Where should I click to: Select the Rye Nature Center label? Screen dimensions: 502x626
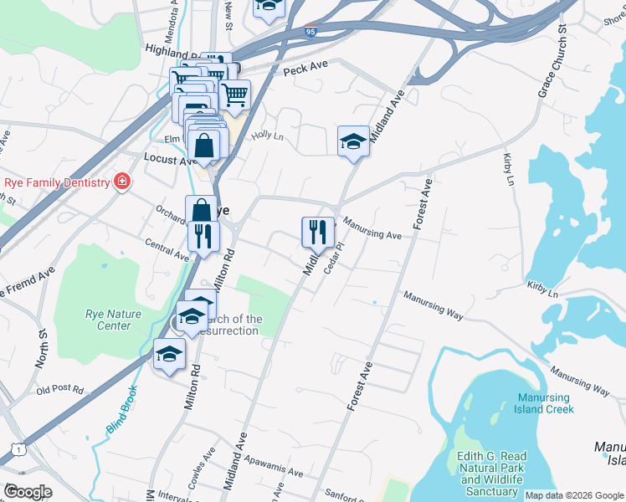click(108, 320)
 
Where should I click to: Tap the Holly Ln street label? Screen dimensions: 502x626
click(268, 134)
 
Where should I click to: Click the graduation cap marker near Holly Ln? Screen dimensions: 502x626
click(353, 141)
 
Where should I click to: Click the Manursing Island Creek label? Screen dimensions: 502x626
click(544, 403)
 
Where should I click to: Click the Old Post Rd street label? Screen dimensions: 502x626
click(60, 390)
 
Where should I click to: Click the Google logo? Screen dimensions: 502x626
click(27, 492)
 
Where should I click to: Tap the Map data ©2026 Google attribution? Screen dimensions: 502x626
click(574, 495)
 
